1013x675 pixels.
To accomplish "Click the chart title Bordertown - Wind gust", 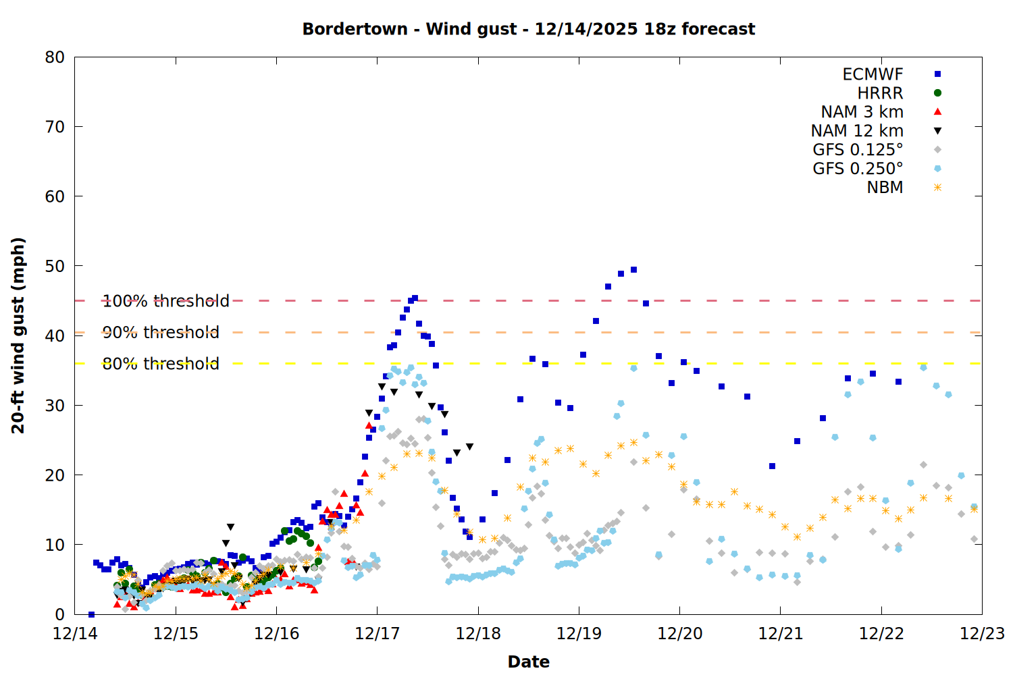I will point(528,29).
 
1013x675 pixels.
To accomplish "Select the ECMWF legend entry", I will point(873,74).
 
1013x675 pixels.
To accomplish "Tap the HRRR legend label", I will point(880,93).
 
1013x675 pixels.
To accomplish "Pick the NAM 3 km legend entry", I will point(862,112).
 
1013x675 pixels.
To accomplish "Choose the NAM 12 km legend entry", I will point(857,131).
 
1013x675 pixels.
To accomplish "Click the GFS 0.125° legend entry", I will point(858,150).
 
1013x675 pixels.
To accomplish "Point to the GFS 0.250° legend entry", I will point(858,169).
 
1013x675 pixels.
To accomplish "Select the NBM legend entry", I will point(885,188).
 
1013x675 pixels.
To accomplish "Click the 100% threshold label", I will point(165,301).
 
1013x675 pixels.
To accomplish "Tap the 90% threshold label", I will point(161,332).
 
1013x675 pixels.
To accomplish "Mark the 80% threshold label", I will point(161,364).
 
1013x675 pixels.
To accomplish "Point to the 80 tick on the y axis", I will point(55,57).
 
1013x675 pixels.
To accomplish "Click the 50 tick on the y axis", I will point(55,266).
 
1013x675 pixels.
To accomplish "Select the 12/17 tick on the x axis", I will point(377,634).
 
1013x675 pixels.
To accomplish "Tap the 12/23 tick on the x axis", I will point(982,634).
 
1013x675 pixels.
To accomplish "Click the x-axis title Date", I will point(528,661).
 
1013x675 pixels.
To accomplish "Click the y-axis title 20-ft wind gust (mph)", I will point(18,335).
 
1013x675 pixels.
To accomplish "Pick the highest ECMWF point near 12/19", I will point(633,270).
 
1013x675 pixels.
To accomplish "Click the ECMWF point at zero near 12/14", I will point(91,614).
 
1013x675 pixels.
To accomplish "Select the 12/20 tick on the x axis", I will point(679,634).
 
